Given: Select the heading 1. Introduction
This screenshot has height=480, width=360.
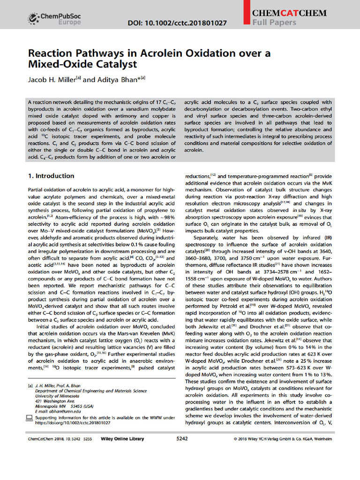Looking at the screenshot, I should click(x=51, y=176).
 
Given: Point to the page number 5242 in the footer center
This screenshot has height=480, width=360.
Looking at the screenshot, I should click(x=182, y=439).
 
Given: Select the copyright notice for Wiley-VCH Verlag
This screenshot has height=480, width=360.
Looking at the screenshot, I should click(x=282, y=439).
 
